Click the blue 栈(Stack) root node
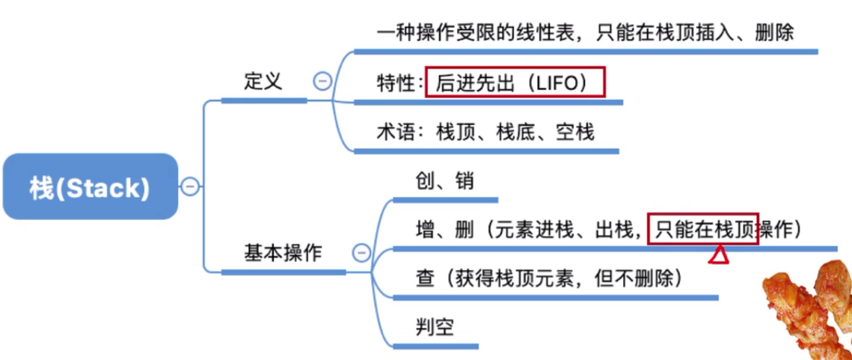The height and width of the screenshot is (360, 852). click(90, 186)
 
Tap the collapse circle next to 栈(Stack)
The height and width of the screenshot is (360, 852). click(190, 186)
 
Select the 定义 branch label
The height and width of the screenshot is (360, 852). click(263, 81)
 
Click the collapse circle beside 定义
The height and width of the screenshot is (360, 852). click(322, 81)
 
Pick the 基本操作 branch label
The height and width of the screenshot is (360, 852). click(283, 253)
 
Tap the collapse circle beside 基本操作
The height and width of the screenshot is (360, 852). click(361, 253)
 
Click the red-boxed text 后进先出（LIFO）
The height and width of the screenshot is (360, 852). click(515, 82)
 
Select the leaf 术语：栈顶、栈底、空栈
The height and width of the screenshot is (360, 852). click(485, 133)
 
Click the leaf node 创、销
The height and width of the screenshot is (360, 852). click(444, 182)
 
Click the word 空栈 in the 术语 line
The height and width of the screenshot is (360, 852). click(575, 133)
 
